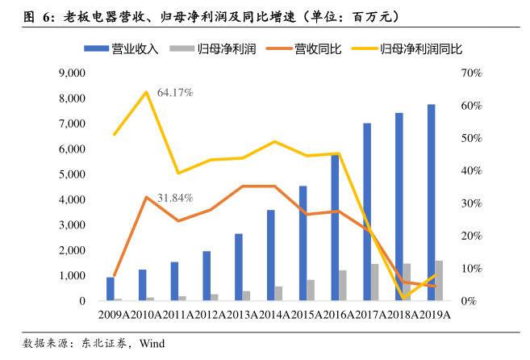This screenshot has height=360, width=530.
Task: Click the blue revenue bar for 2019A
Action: pos(432,203)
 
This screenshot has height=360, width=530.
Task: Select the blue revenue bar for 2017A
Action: pos(367,212)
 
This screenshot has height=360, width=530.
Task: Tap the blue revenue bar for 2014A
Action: pos(271,255)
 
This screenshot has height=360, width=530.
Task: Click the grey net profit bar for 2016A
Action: pos(344,286)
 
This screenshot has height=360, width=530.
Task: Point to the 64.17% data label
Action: pos(175,93)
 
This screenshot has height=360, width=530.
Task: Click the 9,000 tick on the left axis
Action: pos(72,73)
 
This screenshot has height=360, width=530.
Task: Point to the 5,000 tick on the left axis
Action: pos(72,174)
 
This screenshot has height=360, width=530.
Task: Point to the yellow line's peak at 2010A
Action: pos(146,92)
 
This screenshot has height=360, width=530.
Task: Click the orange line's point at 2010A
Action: pos(146,197)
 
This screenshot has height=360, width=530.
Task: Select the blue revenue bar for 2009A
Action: pos(111,289)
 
